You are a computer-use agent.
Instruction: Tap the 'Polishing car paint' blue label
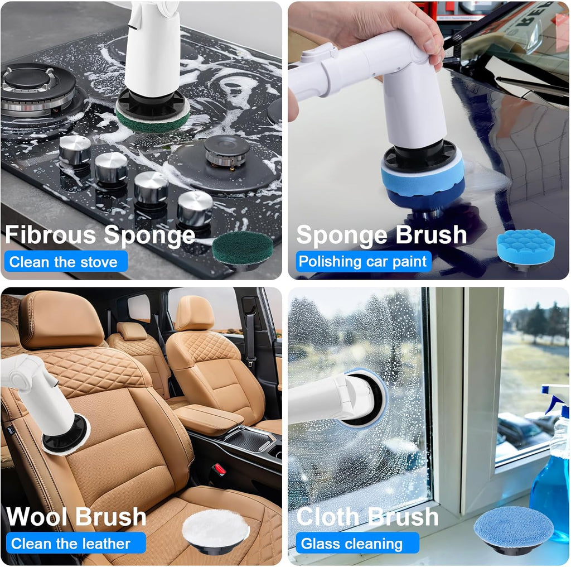coord(362,261)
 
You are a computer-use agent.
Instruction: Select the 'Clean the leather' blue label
coord(71,543)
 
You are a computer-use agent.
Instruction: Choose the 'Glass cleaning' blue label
coord(352,543)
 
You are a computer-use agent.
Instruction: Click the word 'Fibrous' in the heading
coord(51,234)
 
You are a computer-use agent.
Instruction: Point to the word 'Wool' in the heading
coord(37,516)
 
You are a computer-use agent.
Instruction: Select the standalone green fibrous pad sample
coord(243,248)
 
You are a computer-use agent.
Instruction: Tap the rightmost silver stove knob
coord(195,208)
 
